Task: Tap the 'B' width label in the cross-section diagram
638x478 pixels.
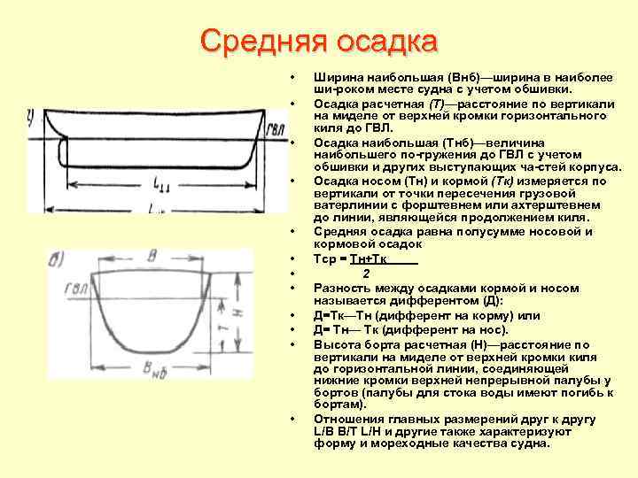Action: (152, 256)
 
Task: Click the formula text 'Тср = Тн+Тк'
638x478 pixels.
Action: (352, 259)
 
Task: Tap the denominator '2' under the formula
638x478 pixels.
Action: (366, 273)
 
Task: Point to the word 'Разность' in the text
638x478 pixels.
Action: (340, 289)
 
